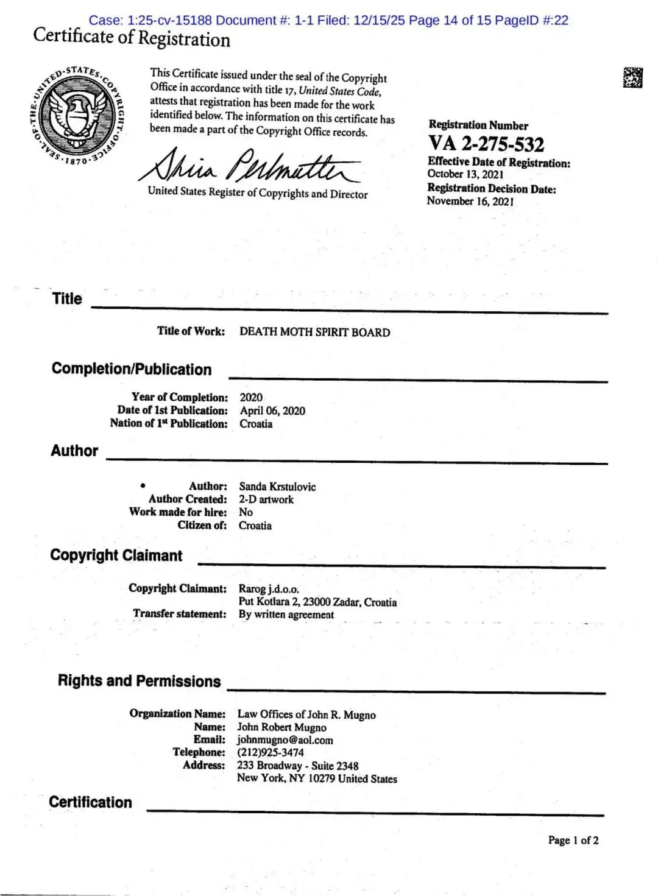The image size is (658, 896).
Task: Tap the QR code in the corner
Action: click(x=632, y=77)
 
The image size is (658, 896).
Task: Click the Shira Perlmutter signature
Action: click(x=250, y=166)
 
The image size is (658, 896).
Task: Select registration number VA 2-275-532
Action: click(x=486, y=144)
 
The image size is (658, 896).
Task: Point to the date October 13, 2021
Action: click(x=465, y=174)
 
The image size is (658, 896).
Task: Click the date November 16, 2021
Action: click(x=470, y=202)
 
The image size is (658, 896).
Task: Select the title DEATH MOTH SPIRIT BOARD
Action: click(x=314, y=333)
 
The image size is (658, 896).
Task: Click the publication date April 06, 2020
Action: click(x=272, y=411)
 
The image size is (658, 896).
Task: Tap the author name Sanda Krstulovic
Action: click(x=277, y=487)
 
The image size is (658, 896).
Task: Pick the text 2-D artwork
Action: click(x=266, y=499)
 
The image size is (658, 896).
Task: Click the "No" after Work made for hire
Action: click(x=246, y=512)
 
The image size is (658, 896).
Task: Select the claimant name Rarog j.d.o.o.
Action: click(x=269, y=589)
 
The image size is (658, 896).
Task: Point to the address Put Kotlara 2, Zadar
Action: click(x=317, y=602)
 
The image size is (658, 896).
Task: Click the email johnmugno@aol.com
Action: click(x=285, y=741)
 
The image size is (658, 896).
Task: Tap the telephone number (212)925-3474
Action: click(x=271, y=753)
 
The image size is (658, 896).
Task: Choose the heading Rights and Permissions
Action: click(x=139, y=681)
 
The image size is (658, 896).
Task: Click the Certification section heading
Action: click(x=91, y=802)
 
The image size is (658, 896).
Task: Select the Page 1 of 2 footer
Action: click(x=573, y=841)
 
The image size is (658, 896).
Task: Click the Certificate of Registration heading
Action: click(x=132, y=38)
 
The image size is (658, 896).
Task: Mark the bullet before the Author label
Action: click(x=143, y=485)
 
